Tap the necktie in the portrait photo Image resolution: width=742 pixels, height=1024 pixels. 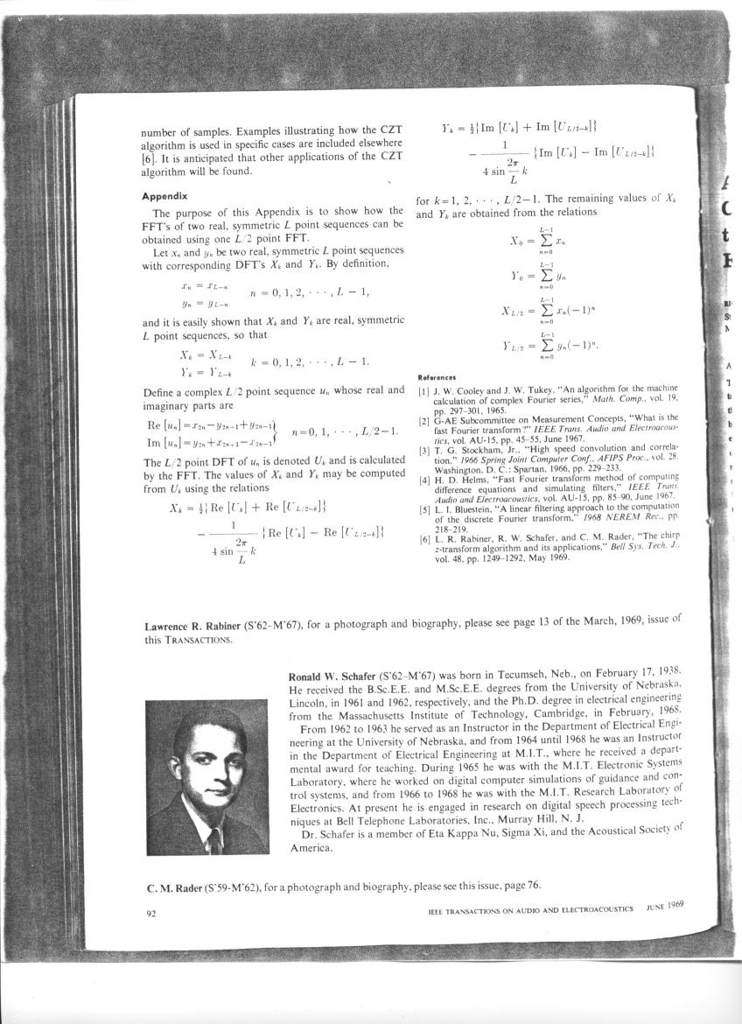click(x=213, y=841)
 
